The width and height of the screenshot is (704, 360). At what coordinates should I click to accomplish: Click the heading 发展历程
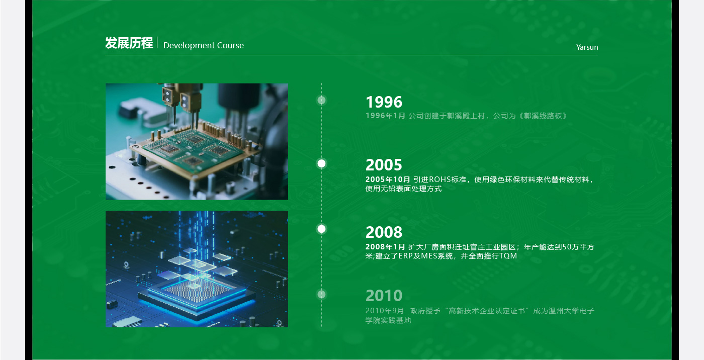(x=129, y=43)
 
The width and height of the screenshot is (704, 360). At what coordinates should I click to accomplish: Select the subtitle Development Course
(x=203, y=46)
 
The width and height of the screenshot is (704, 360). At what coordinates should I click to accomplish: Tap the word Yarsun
(x=587, y=48)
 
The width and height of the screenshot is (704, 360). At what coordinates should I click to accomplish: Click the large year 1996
(x=384, y=102)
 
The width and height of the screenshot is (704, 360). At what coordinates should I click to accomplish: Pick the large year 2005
(x=384, y=165)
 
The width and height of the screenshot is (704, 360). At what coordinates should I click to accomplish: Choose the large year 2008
(x=384, y=232)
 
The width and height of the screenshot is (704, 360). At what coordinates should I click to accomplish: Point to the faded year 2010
(x=384, y=296)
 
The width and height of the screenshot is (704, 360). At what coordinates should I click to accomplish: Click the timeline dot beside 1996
(x=322, y=100)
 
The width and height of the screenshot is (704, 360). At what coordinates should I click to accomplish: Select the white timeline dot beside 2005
(x=322, y=163)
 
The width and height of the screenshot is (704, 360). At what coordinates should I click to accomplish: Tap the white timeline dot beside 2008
(x=322, y=229)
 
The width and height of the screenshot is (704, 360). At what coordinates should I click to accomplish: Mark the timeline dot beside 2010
(x=322, y=294)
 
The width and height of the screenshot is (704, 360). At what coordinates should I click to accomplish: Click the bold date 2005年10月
(x=388, y=179)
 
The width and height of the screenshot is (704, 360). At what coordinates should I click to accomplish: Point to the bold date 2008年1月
(x=385, y=247)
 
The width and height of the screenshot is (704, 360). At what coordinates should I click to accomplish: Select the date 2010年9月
(x=385, y=311)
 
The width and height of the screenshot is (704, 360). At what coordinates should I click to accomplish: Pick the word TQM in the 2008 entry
(x=508, y=256)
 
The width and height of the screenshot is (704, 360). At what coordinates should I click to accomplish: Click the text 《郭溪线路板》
(x=544, y=116)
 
